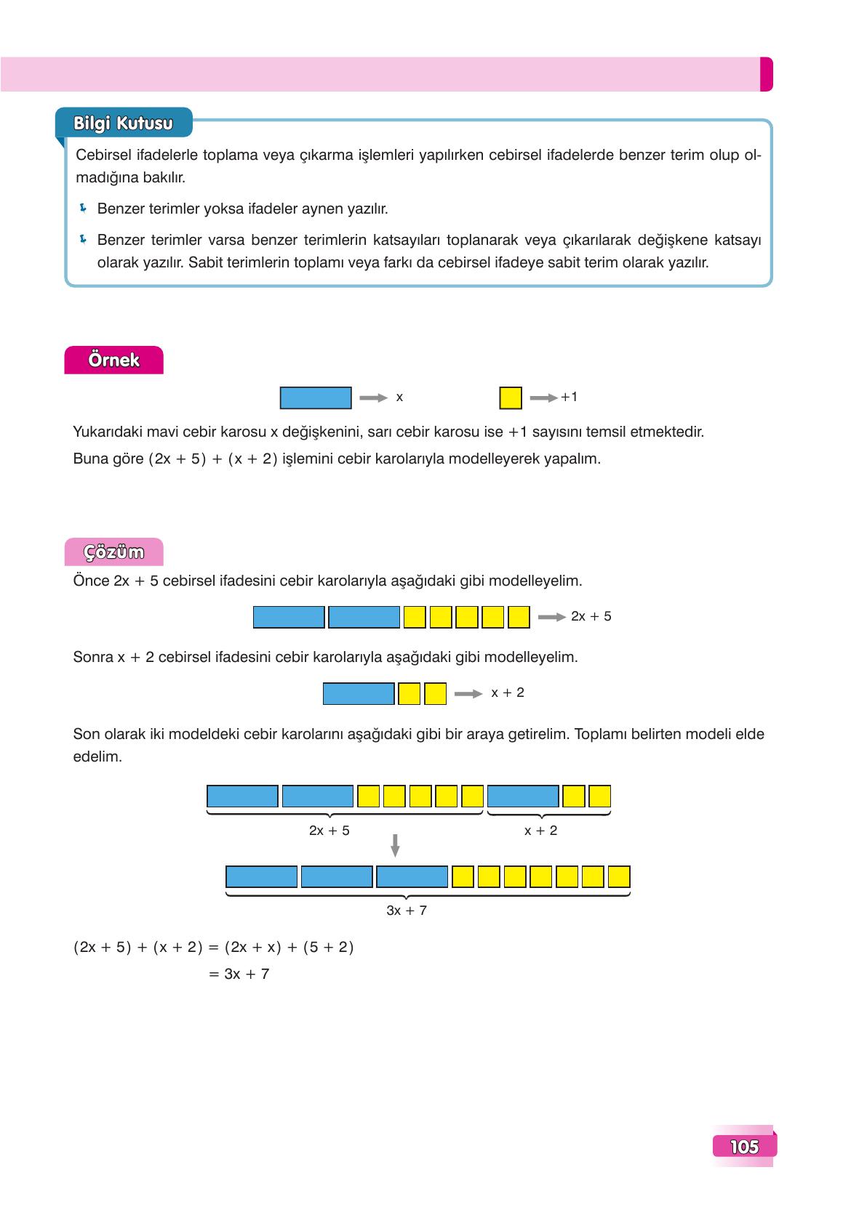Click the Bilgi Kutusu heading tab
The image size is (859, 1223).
click(123, 123)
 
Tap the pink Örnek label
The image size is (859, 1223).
click(113, 360)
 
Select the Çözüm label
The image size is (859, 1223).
click(113, 553)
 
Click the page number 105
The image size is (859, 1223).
click(744, 1147)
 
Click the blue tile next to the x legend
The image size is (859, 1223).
click(316, 398)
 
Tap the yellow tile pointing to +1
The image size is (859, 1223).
click(511, 398)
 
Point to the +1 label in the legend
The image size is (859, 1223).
click(569, 397)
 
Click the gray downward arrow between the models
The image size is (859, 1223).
click(395, 845)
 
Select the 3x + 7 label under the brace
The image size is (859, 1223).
click(407, 911)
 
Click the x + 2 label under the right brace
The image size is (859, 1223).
click(540, 831)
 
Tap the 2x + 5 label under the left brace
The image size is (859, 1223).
click(329, 831)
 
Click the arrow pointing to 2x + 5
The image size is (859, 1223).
click(551, 617)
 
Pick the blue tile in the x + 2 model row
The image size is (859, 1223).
click(359, 693)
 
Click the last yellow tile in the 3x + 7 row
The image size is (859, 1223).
click(619, 876)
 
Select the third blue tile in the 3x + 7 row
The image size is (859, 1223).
click(412, 876)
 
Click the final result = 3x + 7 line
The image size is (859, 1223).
click(239, 974)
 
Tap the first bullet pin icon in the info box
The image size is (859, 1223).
click(83, 209)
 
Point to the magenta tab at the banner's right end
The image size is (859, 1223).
click(766, 74)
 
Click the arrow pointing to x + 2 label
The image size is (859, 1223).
click(468, 694)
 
